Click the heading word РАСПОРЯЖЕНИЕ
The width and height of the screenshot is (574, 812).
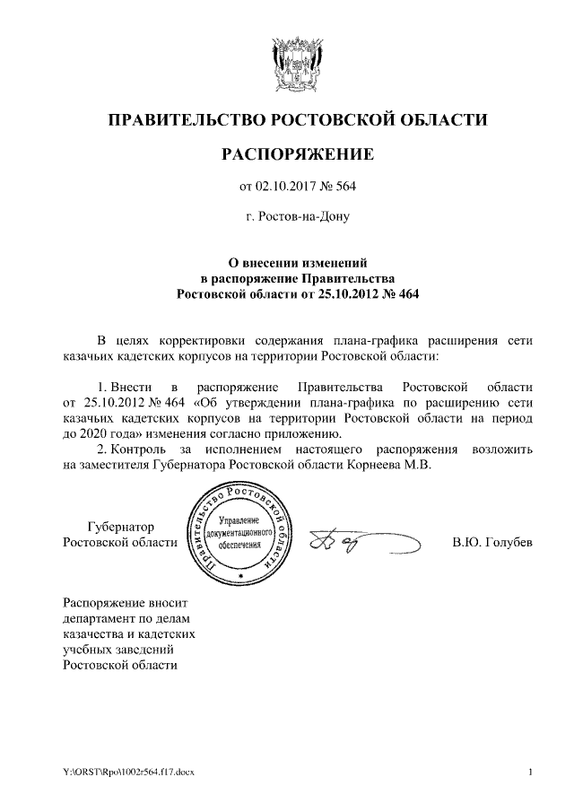[x=297, y=155]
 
